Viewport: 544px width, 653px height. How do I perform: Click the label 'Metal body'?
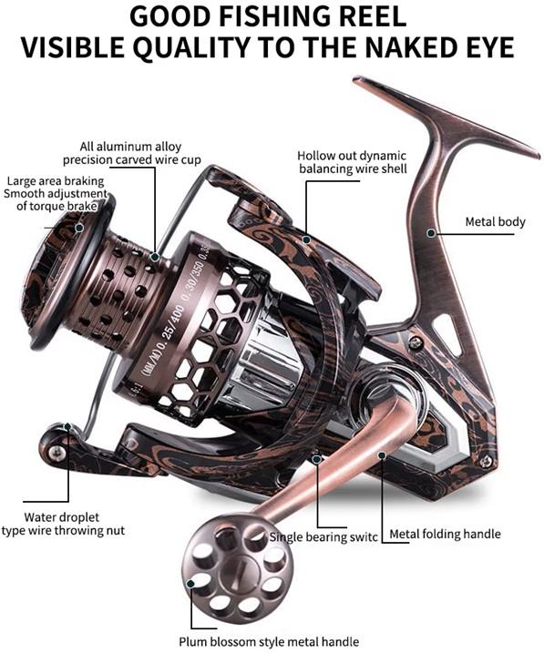[x=495, y=221]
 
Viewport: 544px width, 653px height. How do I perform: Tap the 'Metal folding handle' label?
[x=445, y=534]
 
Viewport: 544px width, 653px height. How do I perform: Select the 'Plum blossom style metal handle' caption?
[x=269, y=642]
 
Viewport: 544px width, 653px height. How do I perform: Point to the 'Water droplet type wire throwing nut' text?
[x=63, y=524]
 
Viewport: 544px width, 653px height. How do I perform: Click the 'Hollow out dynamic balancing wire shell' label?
[x=353, y=162]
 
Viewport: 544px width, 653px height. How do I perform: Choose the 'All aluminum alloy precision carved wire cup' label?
[x=131, y=153]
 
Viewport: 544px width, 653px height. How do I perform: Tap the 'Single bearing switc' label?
[x=323, y=536]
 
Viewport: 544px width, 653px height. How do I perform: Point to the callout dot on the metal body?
[x=431, y=233]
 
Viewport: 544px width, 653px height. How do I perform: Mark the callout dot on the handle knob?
[x=190, y=584]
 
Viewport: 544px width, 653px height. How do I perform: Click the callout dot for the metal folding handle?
[x=381, y=454]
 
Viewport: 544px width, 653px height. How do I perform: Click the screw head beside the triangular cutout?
[x=416, y=343]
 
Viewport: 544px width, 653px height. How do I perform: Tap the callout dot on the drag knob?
[x=79, y=228]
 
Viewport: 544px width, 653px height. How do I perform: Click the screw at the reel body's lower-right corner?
[x=486, y=462]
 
